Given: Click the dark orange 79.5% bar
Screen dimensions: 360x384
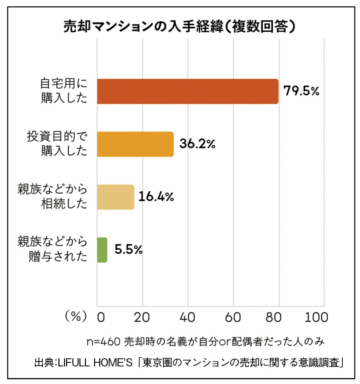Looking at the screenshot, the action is tap(188, 91).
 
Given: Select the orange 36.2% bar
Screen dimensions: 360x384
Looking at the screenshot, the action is tap(135, 144).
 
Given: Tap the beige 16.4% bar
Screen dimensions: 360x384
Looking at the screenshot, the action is tap(116, 197).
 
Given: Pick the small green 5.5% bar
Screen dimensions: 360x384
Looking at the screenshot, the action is tap(102, 250).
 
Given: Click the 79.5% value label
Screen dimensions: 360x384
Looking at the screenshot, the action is tap(301, 91).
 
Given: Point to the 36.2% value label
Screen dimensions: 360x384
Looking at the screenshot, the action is tap(197, 144).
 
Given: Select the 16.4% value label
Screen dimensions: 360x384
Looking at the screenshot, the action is tap(156, 196).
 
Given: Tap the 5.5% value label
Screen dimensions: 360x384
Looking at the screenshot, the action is tap(129, 249).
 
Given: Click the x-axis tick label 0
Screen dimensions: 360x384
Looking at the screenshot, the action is tap(101, 318).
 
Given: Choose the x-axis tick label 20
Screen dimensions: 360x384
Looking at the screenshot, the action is tap(142, 318).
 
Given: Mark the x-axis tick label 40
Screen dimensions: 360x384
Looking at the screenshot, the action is tap(187, 318).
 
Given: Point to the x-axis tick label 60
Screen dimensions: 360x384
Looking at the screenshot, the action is tap(233, 318).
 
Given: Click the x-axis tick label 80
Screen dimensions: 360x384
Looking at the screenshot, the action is tap(274, 318).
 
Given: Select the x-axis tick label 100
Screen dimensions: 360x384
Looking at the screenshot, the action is tap(316, 318).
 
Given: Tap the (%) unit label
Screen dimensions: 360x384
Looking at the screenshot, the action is tap(76, 317).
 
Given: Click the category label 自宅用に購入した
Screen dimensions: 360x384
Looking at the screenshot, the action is tap(64, 91).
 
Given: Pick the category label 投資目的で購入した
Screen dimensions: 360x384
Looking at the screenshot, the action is tap(57, 144).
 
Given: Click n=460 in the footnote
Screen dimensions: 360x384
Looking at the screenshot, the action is tap(104, 342).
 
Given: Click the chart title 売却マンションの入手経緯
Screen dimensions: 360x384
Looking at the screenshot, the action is tap(143, 26).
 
